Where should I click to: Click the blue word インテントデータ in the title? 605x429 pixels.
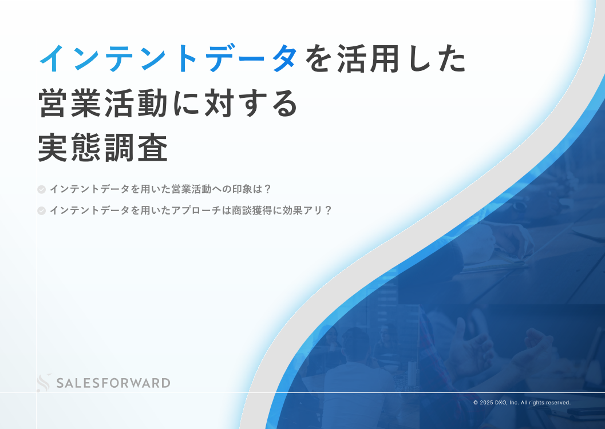point(169,58)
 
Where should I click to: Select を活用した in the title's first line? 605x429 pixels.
point(386,58)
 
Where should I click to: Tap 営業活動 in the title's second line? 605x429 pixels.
point(103,103)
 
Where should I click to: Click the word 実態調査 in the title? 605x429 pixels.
point(103,148)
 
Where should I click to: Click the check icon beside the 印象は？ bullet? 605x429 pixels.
point(41,189)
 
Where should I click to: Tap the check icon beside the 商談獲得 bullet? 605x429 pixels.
point(41,210)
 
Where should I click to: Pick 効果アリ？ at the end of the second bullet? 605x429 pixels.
point(307,210)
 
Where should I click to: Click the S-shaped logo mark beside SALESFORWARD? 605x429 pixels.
point(44,382)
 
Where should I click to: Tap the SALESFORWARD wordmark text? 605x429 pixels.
point(113,383)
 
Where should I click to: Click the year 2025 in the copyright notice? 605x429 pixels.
point(487,403)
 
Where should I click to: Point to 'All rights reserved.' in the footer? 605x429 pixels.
point(545,403)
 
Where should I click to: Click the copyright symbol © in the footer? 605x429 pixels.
point(476,403)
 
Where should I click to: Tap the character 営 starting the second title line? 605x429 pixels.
point(54,103)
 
